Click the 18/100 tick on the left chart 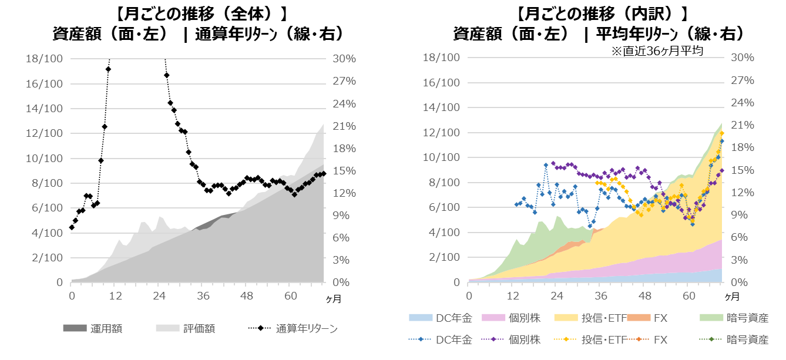pyautogui.click(x=44, y=59)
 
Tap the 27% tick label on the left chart pyautogui.click(x=344, y=81)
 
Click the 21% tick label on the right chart pyautogui.click(x=742, y=125)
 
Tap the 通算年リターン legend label pyautogui.click(x=307, y=329)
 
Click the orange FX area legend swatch pyautogui.click(x=638, y=318)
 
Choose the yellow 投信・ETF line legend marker pyautogui.click(x=565, y=339)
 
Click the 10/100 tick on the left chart pyautogui.click(x=44, y=159)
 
